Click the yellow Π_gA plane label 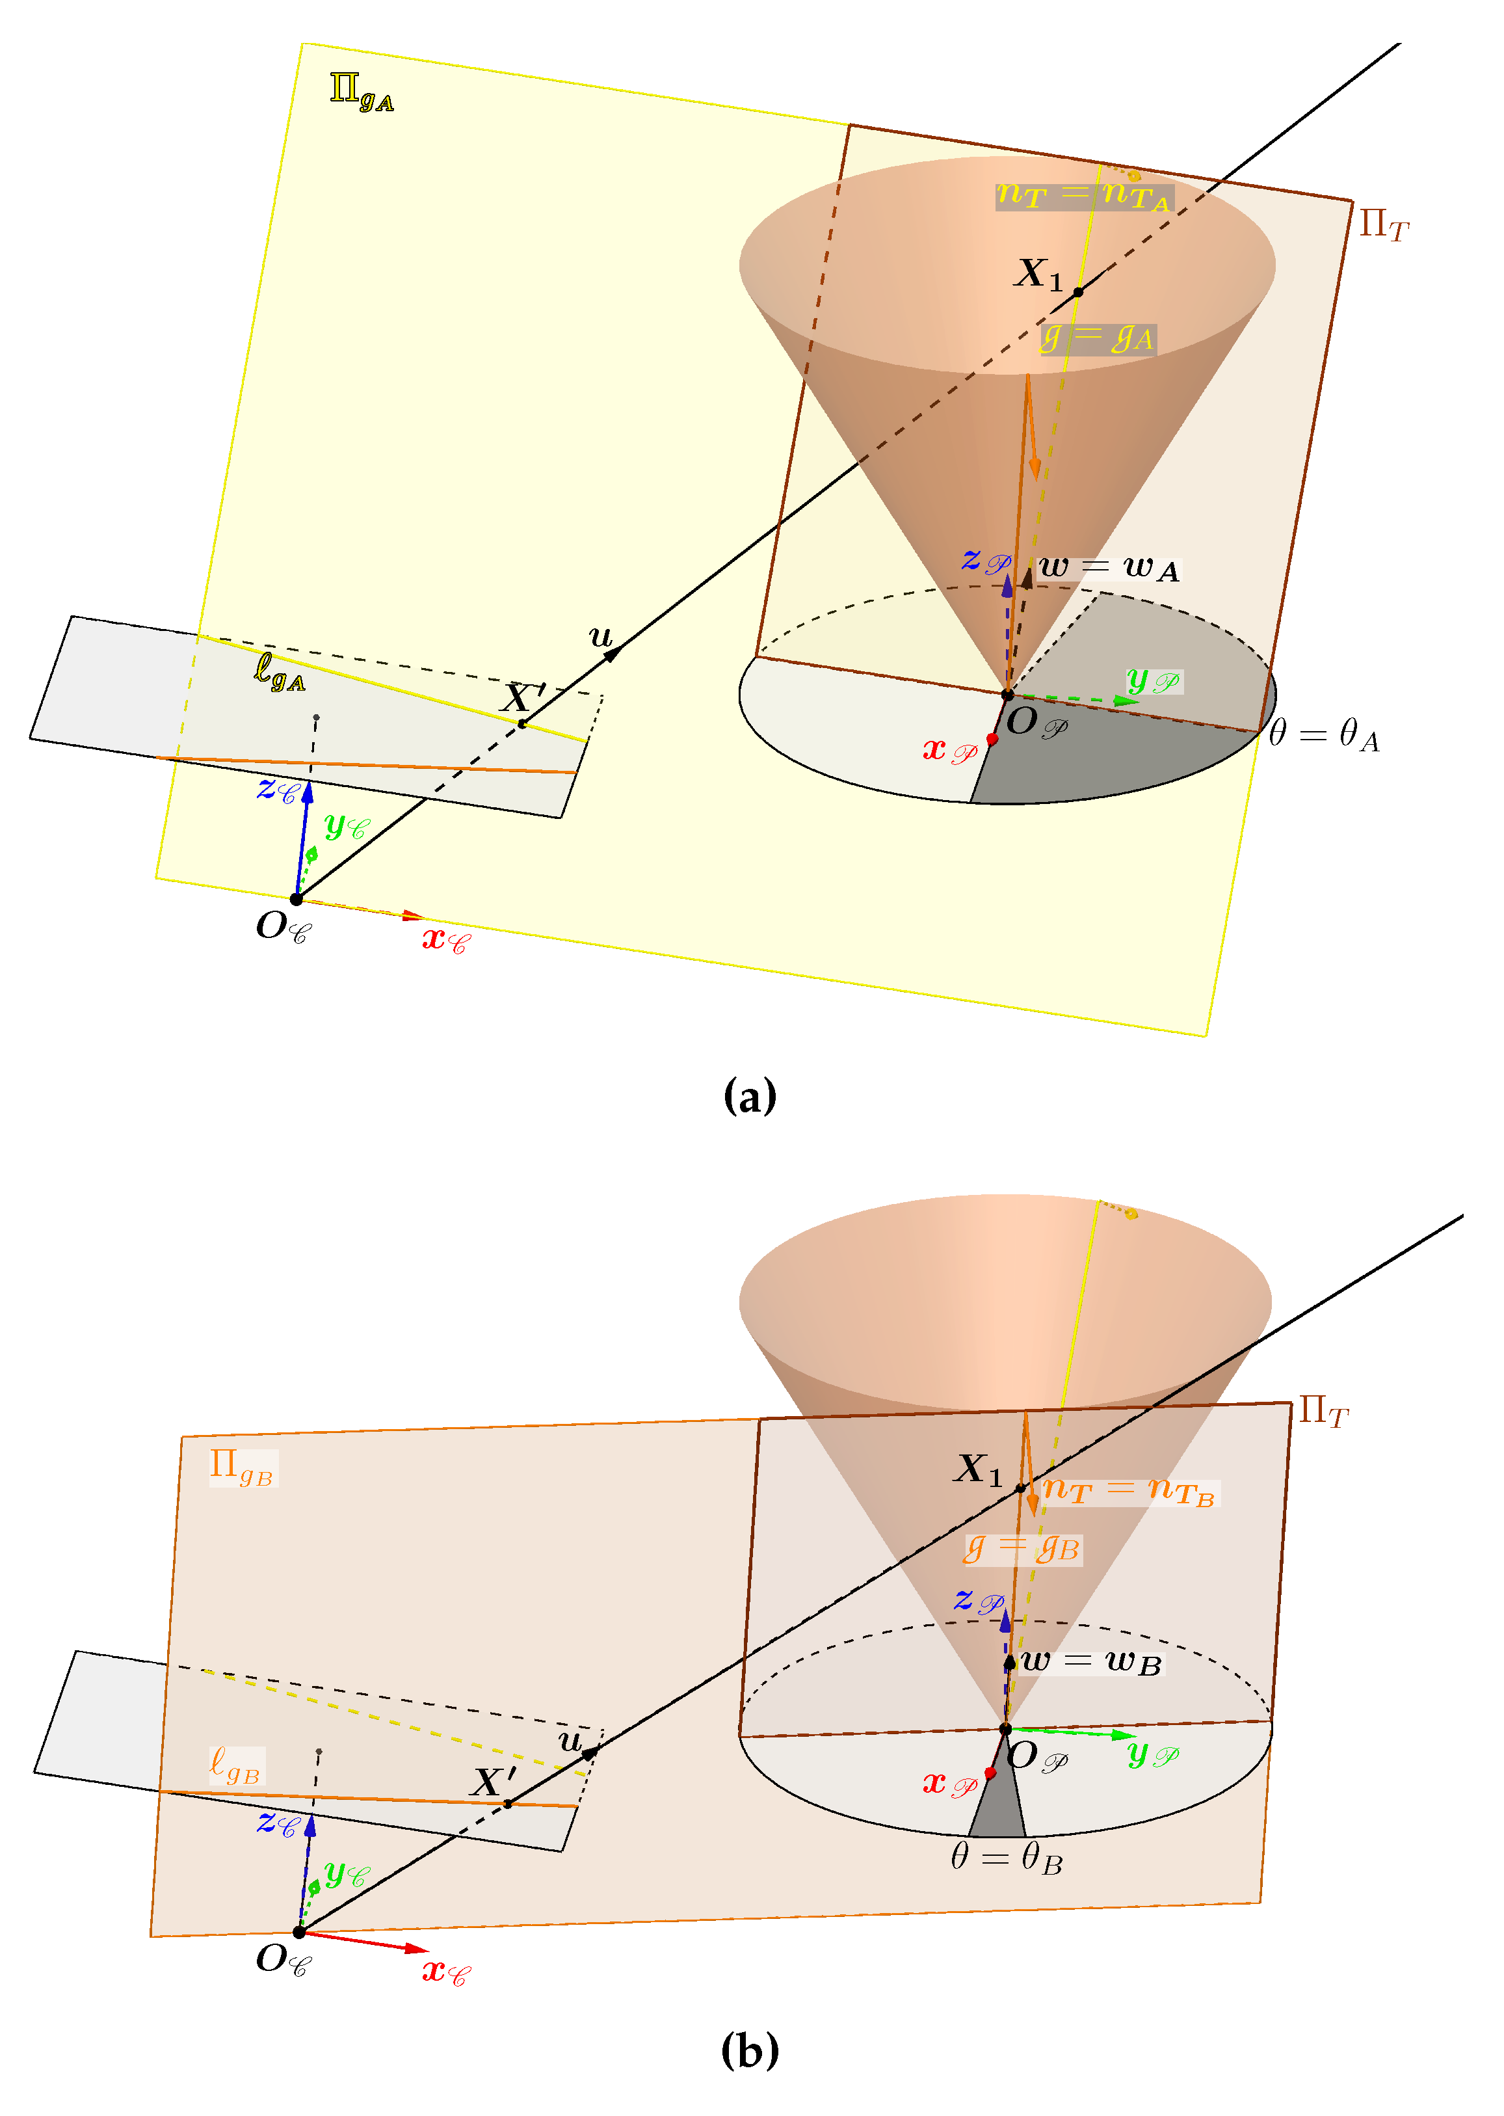(361, 92)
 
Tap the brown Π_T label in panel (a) (1384, 224)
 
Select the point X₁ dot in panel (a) (1078, 292)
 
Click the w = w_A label (1109, 567)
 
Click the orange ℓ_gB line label (235, 1764)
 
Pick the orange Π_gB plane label (242, 1467)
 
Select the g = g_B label (1022, 1549)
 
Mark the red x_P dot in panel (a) (992, 738)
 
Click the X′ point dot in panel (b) (507, 1803)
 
